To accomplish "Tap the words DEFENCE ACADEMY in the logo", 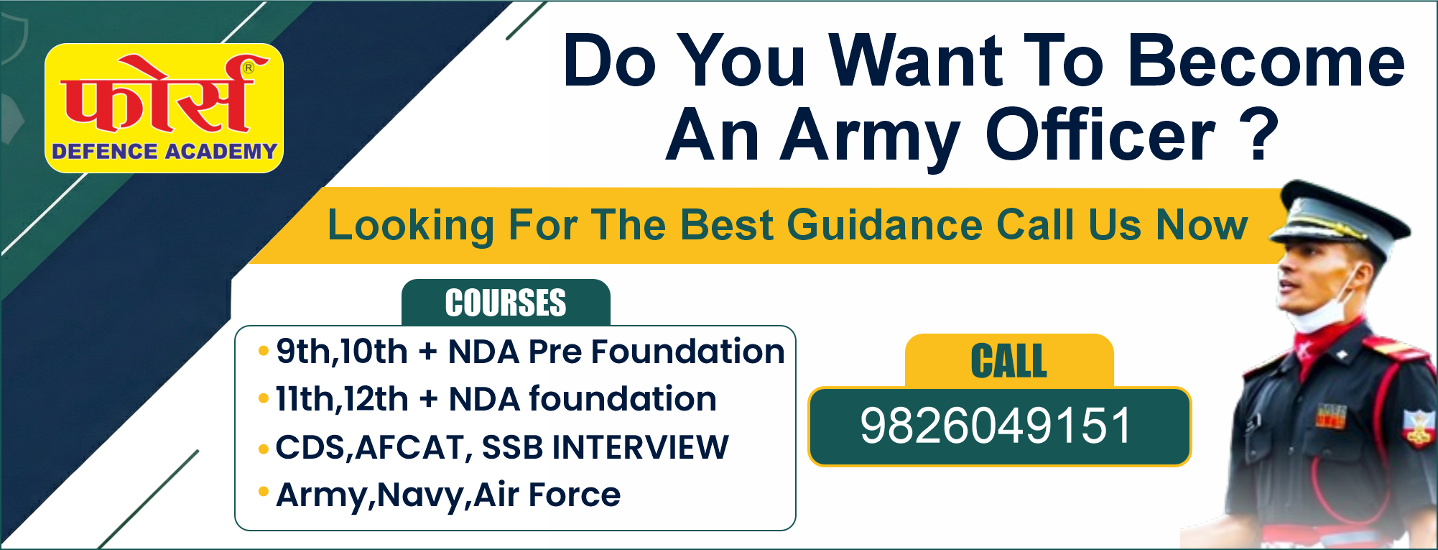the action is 164,152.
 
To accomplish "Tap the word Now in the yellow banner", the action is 1202,225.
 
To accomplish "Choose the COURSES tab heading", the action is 506,303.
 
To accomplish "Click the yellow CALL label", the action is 1009,361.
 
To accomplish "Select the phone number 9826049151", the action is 996,426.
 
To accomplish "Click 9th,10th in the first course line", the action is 342,352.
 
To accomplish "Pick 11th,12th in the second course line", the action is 342,400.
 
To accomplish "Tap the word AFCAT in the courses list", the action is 411,448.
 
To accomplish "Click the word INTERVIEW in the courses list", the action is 640,447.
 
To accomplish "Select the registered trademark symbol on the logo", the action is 249,68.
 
